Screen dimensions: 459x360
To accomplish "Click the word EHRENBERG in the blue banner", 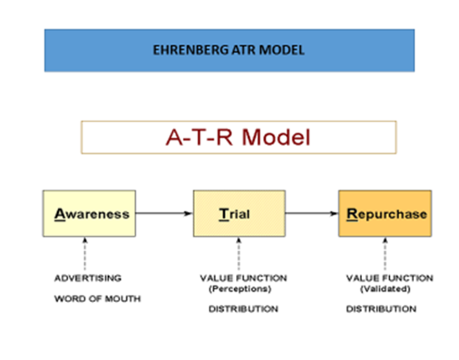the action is click(x=190, y=50).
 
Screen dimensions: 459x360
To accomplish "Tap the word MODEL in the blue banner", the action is click(x=282, y=50).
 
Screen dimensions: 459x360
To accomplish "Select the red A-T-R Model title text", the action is click(x=238, y=137).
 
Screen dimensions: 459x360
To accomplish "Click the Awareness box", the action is click(x=90, y=213).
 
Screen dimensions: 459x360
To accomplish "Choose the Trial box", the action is click(x=239, y=213).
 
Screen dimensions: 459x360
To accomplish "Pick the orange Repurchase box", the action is click(x=385, y=213).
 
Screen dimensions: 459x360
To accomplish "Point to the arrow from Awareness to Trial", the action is click(x=164, y=213).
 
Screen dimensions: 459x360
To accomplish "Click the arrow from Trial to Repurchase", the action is click(x=312, y=213).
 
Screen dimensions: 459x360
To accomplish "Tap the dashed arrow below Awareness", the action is click(x=85, y=254).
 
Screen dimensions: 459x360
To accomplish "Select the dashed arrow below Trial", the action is click(x=239, y=254).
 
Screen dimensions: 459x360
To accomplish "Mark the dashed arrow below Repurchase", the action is click(x=385, y=254).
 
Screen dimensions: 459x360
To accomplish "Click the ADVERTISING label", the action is click(x=88, y=278).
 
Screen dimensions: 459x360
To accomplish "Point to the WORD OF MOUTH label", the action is click(x=97, y=299).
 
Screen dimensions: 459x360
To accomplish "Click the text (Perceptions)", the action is click(x=240, y=289).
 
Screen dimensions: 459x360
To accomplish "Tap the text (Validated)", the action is click(x=385, y=289).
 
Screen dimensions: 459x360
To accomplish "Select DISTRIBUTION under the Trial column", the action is click(x=243, y=309).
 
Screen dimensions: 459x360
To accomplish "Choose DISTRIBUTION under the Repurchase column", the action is click(x=381, y=309).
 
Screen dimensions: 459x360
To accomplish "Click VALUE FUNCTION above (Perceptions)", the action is click(x=244, y=278).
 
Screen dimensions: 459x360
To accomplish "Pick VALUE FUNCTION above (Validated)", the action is click(x=390, y=278).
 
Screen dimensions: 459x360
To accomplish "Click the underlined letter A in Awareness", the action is click(x=60, y=214).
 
